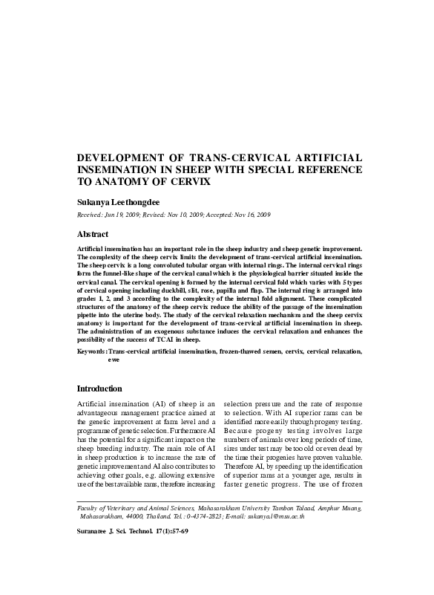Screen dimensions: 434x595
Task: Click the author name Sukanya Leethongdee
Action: coord(122,201)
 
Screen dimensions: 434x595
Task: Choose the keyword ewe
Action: coord(114,359)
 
